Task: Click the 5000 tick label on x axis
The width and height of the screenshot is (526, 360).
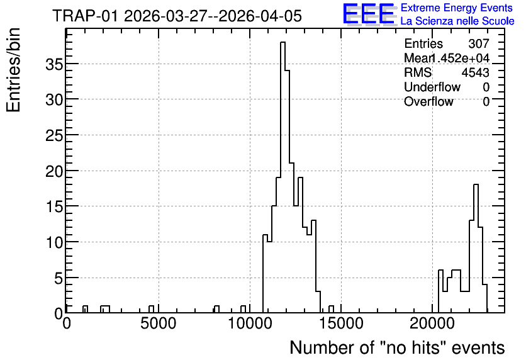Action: (x=158, y=323)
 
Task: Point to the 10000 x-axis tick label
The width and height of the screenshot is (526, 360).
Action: (x=250, y=323)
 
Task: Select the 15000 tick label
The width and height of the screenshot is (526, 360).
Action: (x=341, y=323)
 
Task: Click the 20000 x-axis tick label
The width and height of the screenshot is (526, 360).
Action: (x=432, y=323)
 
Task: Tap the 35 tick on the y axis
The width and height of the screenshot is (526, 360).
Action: (x=54, y=64)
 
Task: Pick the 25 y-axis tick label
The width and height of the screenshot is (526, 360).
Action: (x=54, y=135)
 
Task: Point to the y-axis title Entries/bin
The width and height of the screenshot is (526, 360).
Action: (x=13, y=70)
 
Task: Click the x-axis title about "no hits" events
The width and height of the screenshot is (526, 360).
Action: (x=397, y=347)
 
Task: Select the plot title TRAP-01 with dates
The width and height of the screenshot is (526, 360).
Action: (x=177, y=16)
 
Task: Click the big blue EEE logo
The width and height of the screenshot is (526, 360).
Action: (x=369, y=14)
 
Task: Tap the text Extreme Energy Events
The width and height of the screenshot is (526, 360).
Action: (x=457, y=8)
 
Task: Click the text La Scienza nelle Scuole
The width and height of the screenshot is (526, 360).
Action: (x=457, y=21)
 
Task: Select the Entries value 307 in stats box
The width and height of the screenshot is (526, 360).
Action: (x=479, y=43)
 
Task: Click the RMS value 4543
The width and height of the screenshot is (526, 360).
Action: (x=475, y=72)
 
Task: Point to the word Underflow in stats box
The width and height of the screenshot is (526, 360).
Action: (x=432, y=87)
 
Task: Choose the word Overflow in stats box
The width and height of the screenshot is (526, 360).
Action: (x=428, y=101)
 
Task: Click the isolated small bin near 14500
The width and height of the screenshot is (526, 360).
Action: (x=331, y=309)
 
